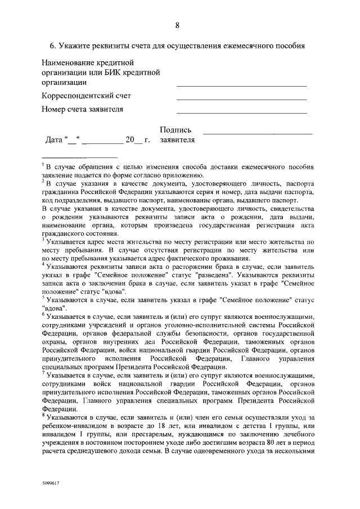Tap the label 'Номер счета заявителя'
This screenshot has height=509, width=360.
click(x=82, y=109)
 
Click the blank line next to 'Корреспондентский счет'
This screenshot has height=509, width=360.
click(x=241, y=100)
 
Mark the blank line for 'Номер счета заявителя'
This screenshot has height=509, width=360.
click(x=241, y=112)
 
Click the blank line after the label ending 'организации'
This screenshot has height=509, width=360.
click(x=241, y=86)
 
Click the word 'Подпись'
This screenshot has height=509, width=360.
click(x=175, y=130)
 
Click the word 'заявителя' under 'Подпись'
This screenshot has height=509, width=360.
click(x=177, y=140)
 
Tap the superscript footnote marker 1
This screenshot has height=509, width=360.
click(x=43, y=165)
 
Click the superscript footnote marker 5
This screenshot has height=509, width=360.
click(x=43, y=298)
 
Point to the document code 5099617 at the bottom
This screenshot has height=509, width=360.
click(x=51, y=483)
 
